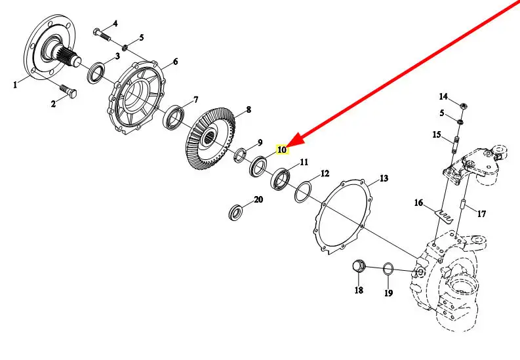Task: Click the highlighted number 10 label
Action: pyautogui.click(x=282, y=150)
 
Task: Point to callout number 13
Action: pyautogui.click(x=384, y=178)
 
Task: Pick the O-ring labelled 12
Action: pyautogui.click(x=302, y=193)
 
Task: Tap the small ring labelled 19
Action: pyautogui.click(x=388, y=268)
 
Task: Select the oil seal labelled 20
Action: pyautogui.click(x=235, y=212)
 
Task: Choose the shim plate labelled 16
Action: pyautogui.click(x=445, y=216)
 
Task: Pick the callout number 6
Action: pyautogui.click(x=175, y=62)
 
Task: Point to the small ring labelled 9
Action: pyautogui.click(x=240, y=155)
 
